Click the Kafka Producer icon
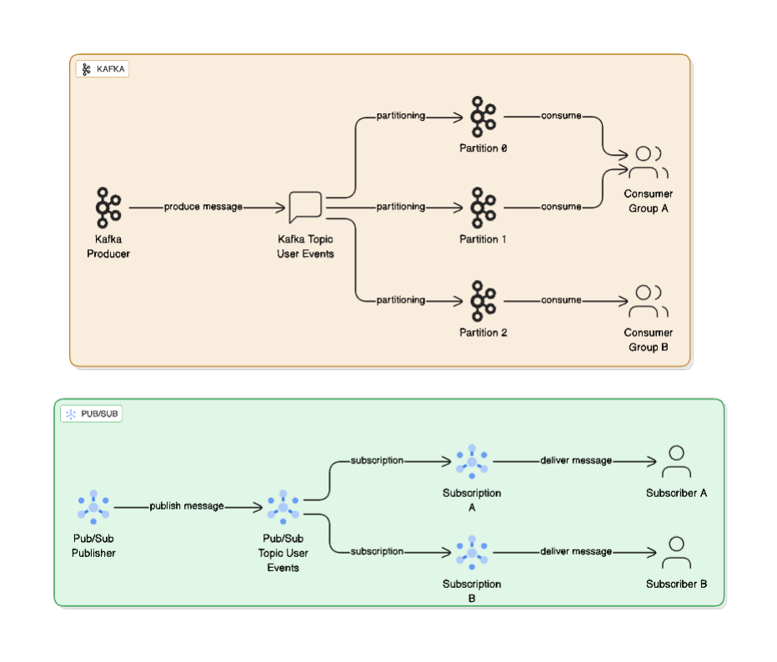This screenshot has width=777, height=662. point(108,208)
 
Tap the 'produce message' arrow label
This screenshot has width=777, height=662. point(203,207)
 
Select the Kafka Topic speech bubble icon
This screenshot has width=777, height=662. point(305,208)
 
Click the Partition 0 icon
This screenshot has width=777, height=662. point(482,116)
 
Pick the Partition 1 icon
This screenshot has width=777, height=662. point(482,207)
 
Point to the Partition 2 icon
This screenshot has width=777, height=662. point(482,300)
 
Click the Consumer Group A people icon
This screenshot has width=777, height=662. point(648,163)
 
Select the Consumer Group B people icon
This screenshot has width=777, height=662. point(648,301)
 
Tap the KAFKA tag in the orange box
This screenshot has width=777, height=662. point(103,69)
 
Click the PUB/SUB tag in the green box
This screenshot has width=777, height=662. point(92,414)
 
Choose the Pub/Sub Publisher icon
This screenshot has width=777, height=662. point(93,507)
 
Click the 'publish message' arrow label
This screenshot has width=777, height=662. point(187,506)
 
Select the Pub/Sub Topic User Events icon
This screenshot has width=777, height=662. point(283,507)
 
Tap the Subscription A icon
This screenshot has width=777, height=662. point(471,461)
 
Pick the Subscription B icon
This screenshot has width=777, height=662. point(471,552)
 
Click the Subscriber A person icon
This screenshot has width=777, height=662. point(676,462)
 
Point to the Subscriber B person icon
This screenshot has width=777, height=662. point(676,553)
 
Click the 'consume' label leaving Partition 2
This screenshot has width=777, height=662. point(561,300)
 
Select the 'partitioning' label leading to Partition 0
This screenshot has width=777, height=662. point(400,116)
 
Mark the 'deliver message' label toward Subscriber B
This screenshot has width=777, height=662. point(576,551)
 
